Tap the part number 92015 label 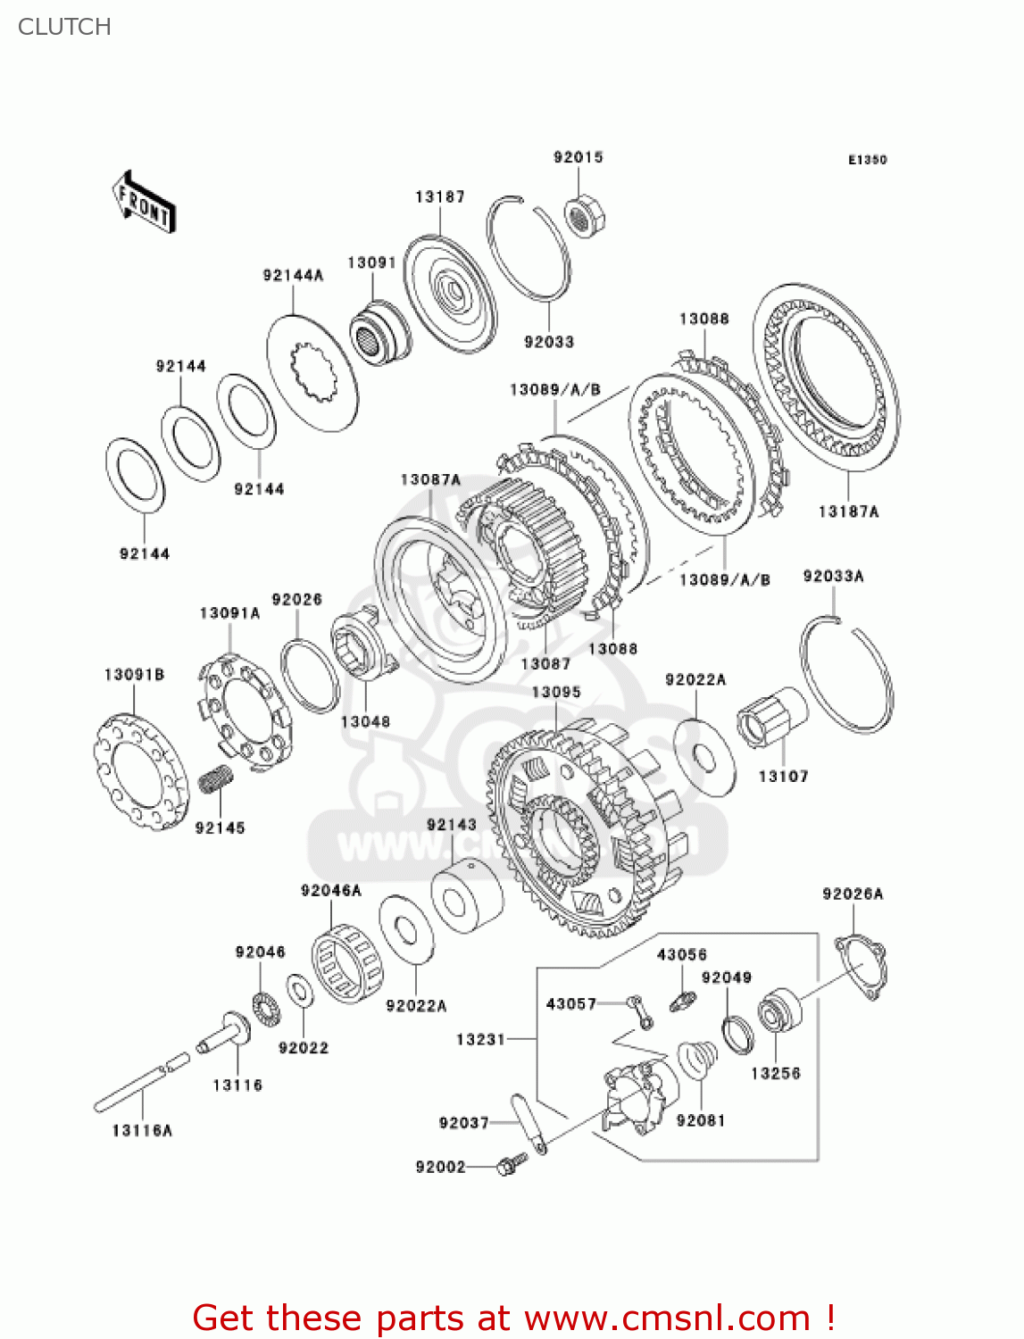pyautogui.click(x=578, y=157)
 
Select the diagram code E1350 pyautogui.click(x=867, y=160)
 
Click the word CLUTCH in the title pyautogui.click(x=64, y=27)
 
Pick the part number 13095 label pyautogui.click(x=555, y=692)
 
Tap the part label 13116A pyautogui.click(x=142, y=1130)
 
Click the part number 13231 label pyautogui.click(x=480, y=1039)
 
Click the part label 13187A pyautogui.click(x=848, y=511)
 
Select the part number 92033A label pyautogui.click(x=833, y=576)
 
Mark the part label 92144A pyautogui.click(x=293, y=275)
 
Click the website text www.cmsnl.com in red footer pyautogui.click(x=666, y=1318)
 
